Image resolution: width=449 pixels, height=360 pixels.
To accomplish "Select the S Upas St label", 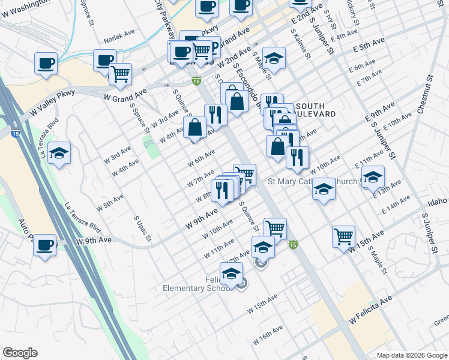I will point(142,230).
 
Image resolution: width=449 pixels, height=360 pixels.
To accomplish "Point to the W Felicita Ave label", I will point(370,309).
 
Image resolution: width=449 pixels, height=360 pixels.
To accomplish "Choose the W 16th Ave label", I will point(268,335).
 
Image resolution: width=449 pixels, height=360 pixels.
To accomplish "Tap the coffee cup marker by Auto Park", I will point(45,245).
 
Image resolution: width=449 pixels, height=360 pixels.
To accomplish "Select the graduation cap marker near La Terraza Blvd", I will point(59,153).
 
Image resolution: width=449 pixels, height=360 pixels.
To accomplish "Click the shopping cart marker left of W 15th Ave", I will point(343,236).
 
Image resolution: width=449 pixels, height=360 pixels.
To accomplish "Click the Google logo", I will point(20,353).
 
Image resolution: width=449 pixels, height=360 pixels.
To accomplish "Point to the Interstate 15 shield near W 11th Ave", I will point(293,244).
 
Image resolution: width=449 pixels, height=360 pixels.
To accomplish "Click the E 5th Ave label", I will point(369,45).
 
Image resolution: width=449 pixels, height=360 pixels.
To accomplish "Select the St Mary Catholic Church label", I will point(312,181).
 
